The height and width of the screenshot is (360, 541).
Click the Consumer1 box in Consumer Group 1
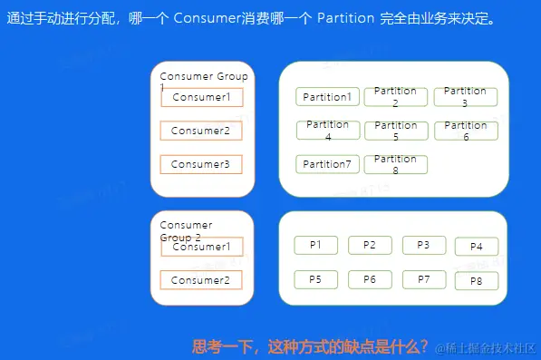(x=202, y=97)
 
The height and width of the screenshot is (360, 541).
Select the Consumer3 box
(x=201, y=164)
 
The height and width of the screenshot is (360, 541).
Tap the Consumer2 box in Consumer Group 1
(x=201, y=131)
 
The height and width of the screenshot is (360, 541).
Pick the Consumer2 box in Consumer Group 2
(x=201, y=280)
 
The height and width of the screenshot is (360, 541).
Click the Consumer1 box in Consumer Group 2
(x=202, y=247)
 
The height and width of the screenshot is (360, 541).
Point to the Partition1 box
(x=327, y=97)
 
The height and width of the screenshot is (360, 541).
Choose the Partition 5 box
(x=396, y=131)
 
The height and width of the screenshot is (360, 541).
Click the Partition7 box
(x=327, y=164)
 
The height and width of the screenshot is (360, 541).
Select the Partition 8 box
(x=395, y=165)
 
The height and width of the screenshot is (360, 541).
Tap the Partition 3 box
(x=466, y=97)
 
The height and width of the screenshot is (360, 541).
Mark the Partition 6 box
(x=466, y=131)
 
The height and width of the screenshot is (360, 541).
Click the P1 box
(x=315, y=245)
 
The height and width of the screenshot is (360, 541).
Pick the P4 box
(x=477, y=247)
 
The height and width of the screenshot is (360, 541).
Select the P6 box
(x=370, y=279)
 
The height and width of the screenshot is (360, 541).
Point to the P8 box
(x=477, y=281)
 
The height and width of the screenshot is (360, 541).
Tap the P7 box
(x=424, y=279)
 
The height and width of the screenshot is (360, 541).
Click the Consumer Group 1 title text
(x=204, y=80)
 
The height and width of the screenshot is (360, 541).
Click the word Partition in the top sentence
(x=345, y=18)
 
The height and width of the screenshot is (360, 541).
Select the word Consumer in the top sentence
(x=207, y=18)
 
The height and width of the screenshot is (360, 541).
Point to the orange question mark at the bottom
(x=424, y=345)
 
